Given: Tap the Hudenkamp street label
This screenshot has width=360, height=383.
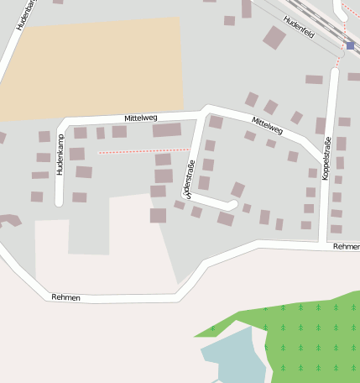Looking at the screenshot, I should tap(60, 156).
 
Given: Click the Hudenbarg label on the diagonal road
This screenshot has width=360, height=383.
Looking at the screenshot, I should tap(23, 14).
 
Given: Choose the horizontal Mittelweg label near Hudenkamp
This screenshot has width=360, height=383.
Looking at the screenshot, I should tap(140, 118).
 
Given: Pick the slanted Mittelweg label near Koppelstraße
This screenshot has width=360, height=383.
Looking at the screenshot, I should tap(267, 126).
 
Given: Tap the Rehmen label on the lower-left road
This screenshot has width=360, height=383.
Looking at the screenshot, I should tap(65, 297).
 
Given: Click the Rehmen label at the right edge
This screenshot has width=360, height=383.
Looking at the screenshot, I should tap(346, 247).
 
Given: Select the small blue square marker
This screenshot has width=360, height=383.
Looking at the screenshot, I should tap(350, 46).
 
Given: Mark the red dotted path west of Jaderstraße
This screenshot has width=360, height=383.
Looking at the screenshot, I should tap(131, 152).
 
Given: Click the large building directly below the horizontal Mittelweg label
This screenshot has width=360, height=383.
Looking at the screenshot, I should tap(166, 131).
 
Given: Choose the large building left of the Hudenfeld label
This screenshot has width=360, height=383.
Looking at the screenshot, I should tap(274, 37).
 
